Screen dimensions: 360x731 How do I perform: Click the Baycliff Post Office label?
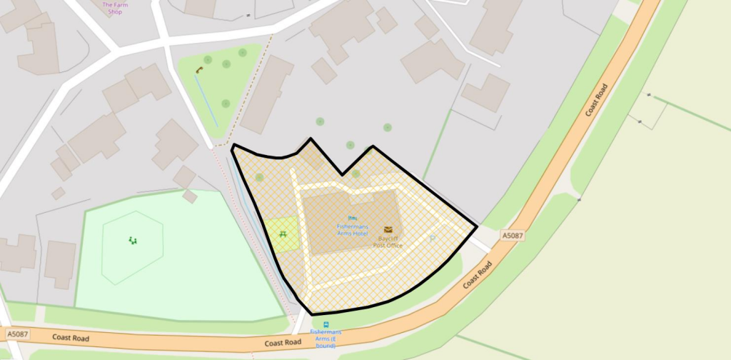(x=388, y=241)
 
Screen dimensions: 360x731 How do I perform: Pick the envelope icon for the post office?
(x=388, y=229)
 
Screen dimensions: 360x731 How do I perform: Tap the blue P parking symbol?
(x=432, y=239)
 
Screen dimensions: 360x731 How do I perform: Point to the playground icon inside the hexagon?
(x=132, y=241)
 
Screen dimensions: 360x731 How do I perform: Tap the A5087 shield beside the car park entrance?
(x=512, y=234)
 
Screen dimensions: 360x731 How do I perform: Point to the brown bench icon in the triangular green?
(x=199, y=69)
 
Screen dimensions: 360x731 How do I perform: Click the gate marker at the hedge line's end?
(x=649, y=94)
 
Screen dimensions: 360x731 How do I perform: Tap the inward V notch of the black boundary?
(x=343, y=174)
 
